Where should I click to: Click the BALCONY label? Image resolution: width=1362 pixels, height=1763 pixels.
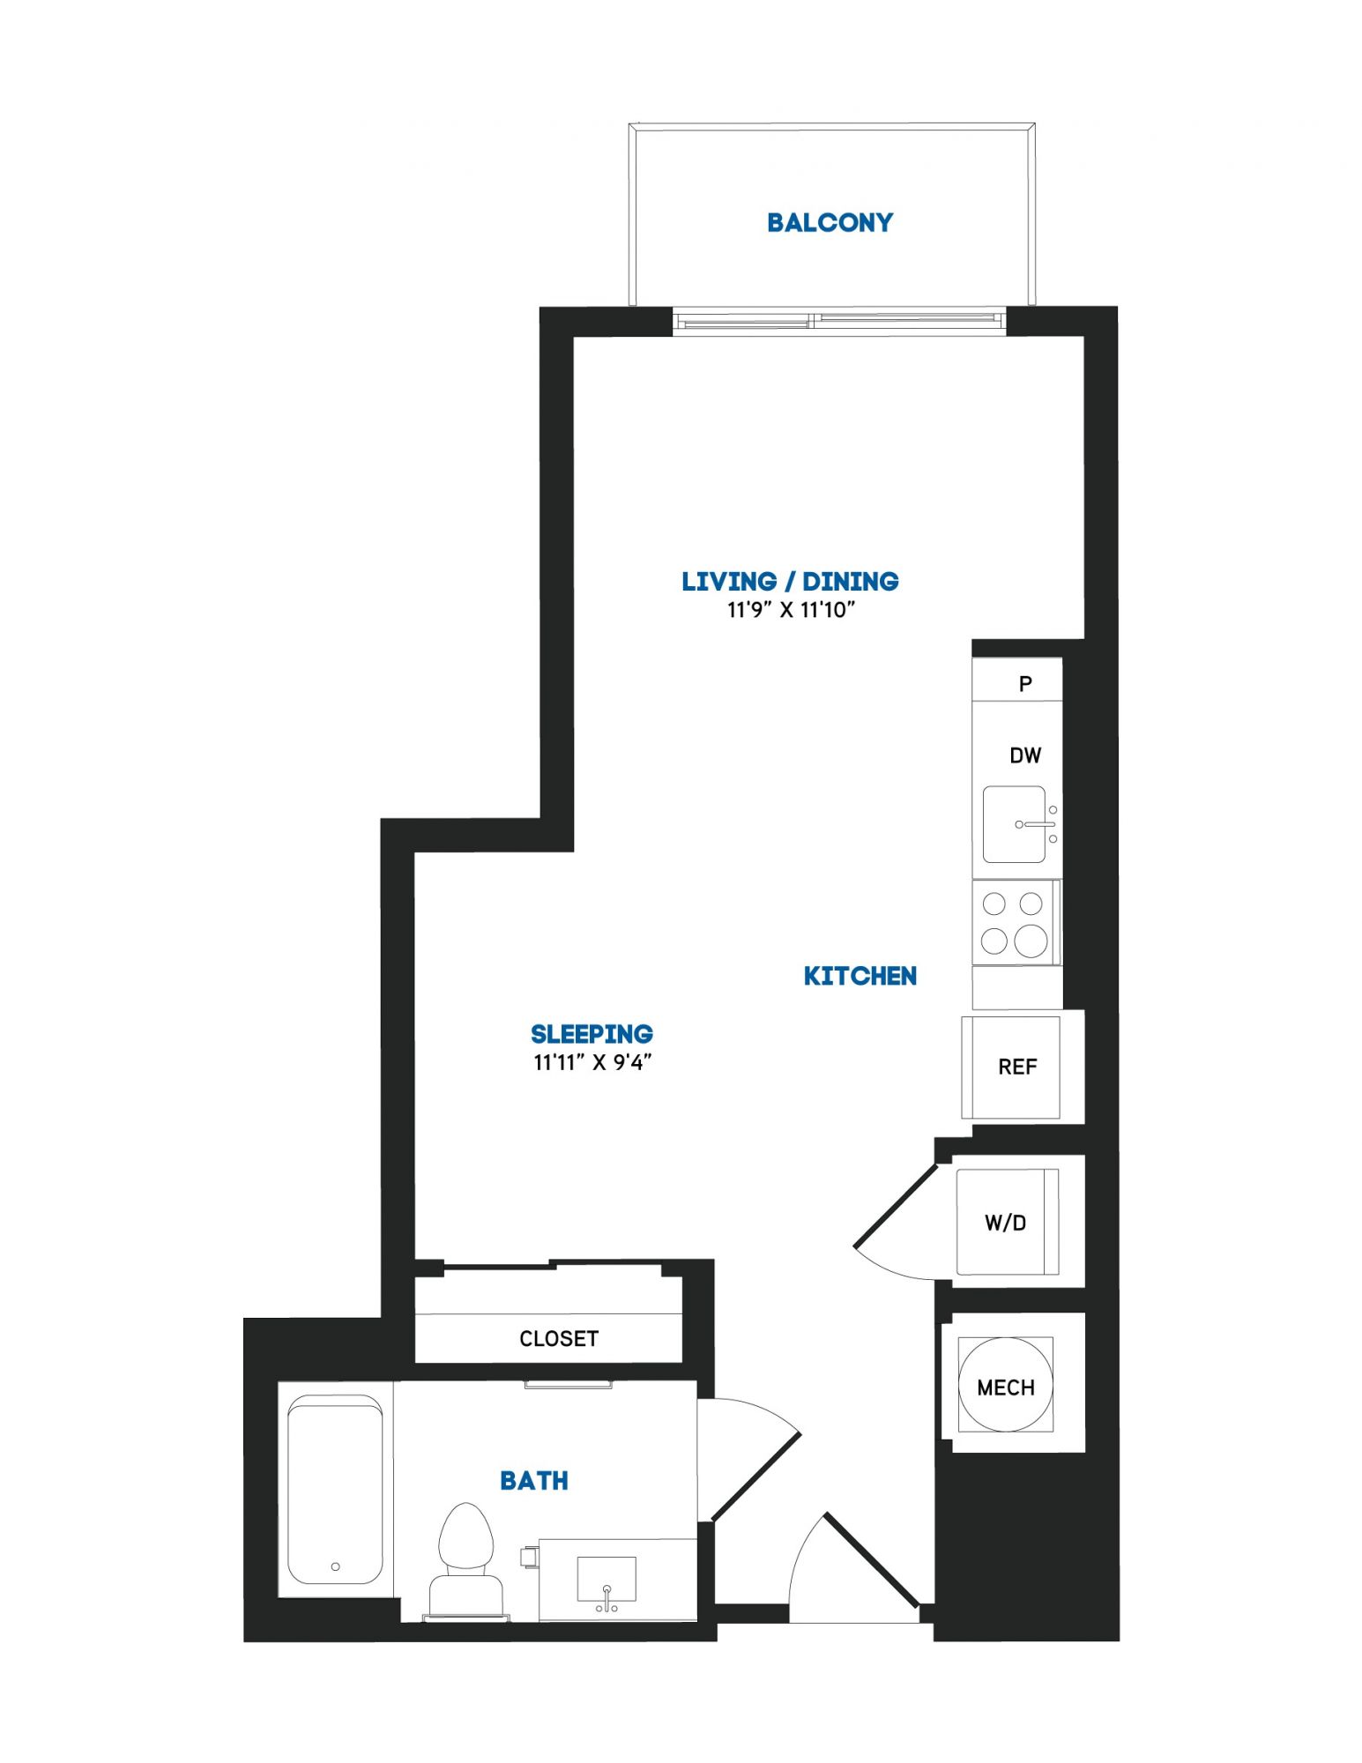830,222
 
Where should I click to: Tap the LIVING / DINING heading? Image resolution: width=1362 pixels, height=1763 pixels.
790,582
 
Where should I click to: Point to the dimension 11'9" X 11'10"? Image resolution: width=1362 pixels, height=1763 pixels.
791,609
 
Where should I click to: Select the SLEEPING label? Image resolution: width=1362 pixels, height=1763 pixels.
592,1034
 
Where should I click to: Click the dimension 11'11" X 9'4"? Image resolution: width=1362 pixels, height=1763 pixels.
592,1062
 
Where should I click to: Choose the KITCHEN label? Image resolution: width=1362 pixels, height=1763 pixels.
860,976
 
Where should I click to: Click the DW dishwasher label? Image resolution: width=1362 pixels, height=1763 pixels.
1025,755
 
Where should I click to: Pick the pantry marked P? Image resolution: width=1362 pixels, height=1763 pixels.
1017,681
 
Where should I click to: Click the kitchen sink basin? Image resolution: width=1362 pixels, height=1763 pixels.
1014,824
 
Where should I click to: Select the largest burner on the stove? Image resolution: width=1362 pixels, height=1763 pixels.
1031,941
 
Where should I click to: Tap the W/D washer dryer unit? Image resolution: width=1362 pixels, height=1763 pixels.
1007,1222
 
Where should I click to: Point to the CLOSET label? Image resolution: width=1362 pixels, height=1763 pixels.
559,1339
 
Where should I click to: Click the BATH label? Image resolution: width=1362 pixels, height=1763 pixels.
534,1481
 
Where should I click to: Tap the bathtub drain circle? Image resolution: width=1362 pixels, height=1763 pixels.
335,1566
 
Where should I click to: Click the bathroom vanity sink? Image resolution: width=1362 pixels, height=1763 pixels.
607,1579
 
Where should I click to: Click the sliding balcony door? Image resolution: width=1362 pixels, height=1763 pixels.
839,321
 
